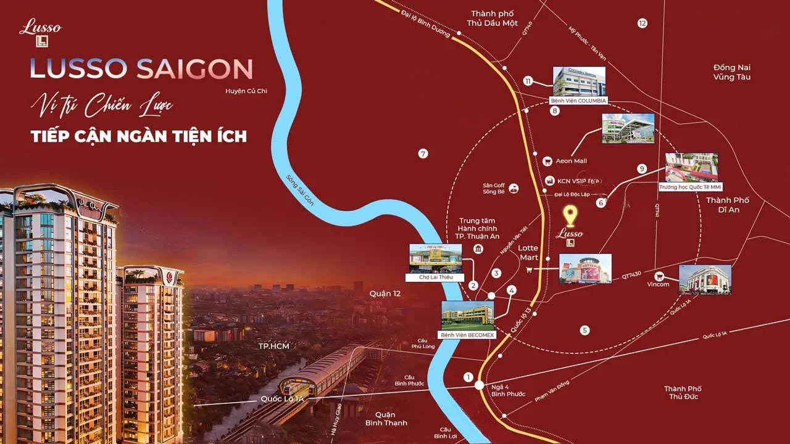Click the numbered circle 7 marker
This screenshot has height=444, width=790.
click(423, 154)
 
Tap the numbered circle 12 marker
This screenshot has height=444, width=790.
click(642, 23)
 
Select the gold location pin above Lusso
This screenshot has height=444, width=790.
click(571, 216)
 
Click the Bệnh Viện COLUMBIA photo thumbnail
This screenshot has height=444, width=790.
click(579, 81)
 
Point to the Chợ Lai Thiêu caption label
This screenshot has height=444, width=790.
click(436, 277)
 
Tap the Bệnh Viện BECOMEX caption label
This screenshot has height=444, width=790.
click(467, 335)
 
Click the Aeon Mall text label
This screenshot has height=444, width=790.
click(571, 161)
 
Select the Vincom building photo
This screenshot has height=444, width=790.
click(705, 279)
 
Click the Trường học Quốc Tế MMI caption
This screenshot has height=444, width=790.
click(690, 187)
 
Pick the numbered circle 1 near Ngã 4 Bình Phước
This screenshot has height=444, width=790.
click(468, 377)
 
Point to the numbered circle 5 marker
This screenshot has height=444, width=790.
click(584, 330)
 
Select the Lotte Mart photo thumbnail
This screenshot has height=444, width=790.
click(585, 269)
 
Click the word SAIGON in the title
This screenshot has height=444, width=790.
click(194, 69)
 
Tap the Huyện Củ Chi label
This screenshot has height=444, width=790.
click(246, 91)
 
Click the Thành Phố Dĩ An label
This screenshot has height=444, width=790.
click(727, 205)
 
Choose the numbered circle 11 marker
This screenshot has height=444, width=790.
click(527, 81)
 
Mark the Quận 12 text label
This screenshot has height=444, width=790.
click(385, 294)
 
